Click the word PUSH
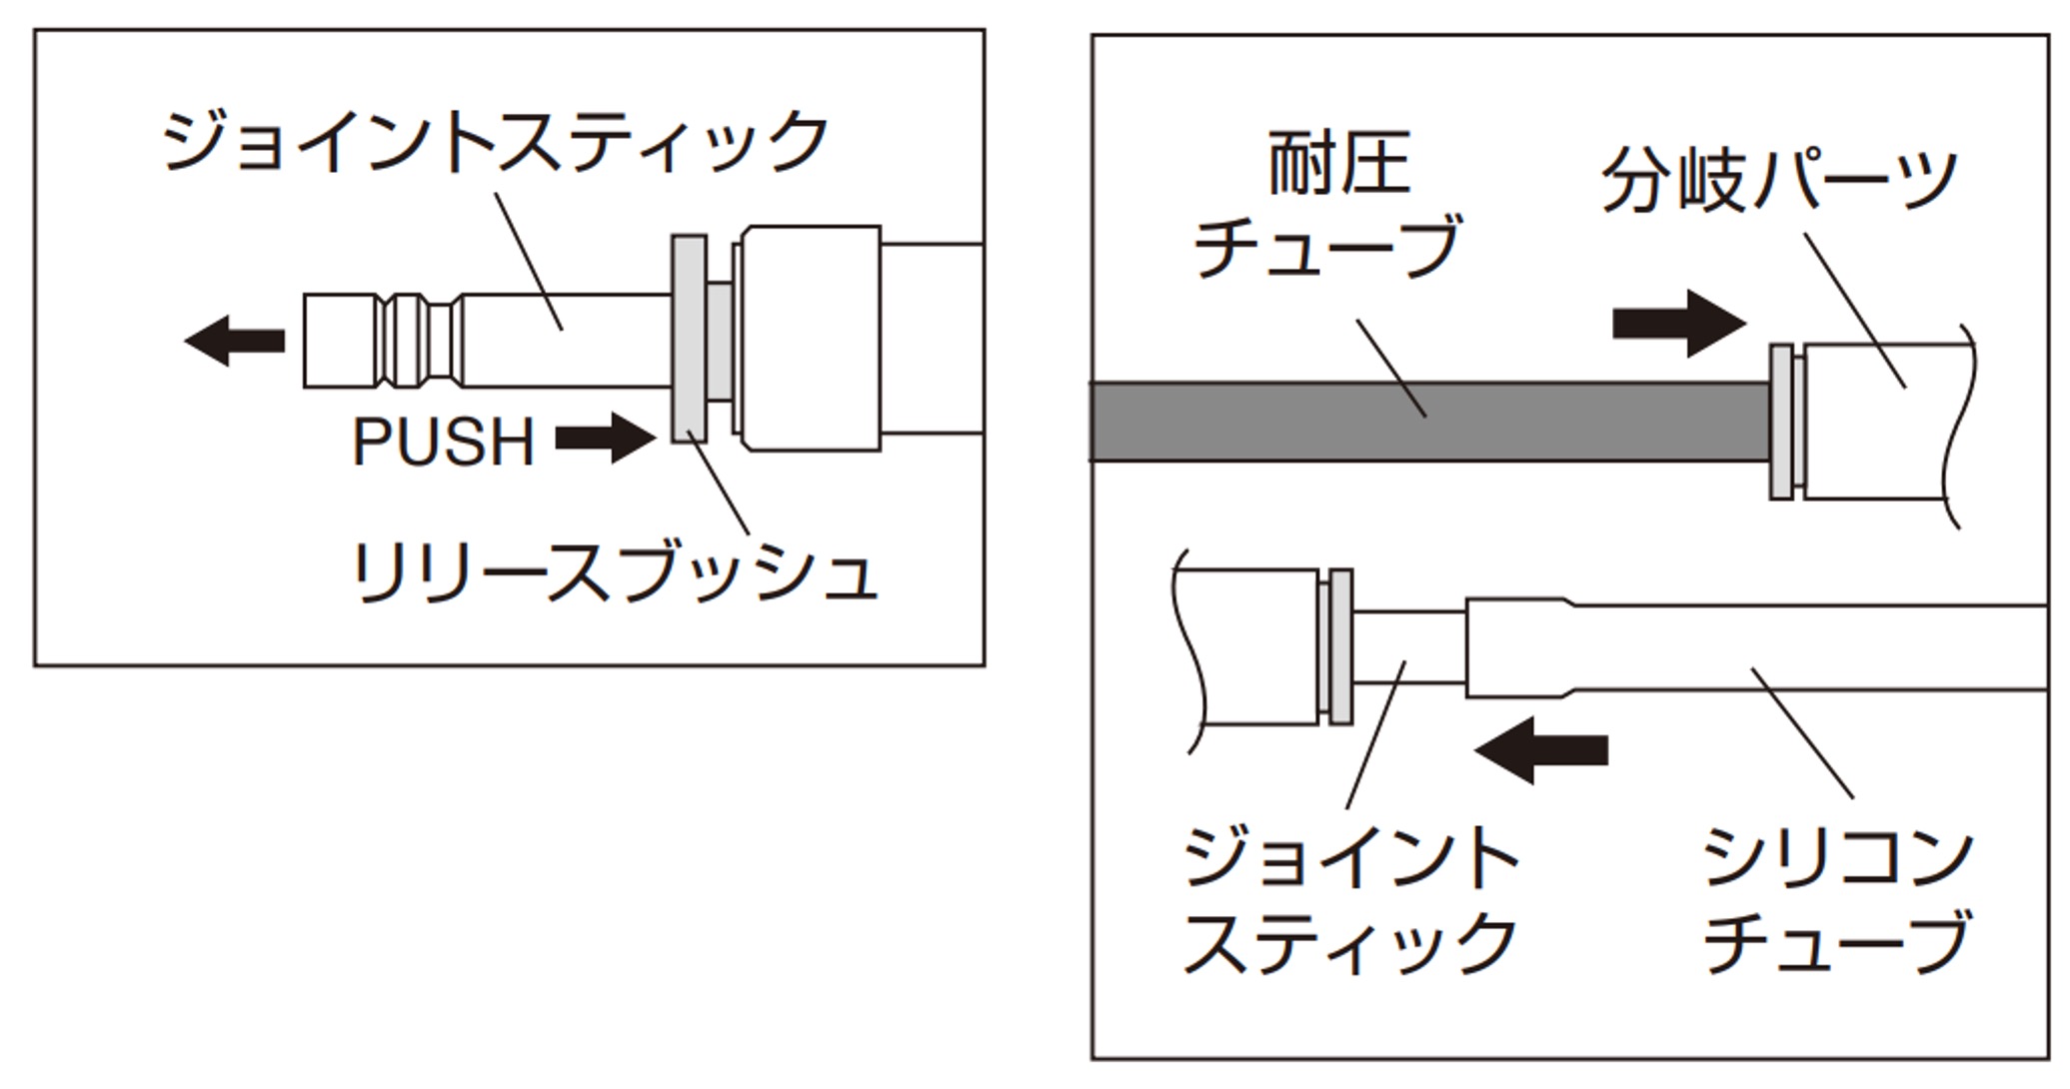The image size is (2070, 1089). (x=444, y=442)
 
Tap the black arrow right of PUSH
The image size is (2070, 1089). (x=605, y=439)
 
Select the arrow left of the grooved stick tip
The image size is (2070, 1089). (x=236, y=341)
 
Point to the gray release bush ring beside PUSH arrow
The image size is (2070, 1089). (x=689, y=339)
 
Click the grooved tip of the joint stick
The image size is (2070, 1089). (x=384, y=341)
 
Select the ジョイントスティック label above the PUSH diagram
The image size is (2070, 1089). (x=495, y=143)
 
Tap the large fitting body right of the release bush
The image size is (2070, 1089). (x=810, y=338)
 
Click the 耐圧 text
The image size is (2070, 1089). (x=1339, y=165)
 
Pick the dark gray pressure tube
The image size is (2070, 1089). (x=1429, y=421)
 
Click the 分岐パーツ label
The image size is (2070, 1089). (x=1779, y=181)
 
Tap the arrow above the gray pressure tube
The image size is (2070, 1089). (x=1679, y=323)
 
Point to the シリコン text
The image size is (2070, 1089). (x=1837, y=857)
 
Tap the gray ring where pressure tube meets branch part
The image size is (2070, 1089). (x=1781, y=422)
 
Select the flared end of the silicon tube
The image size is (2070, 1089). (x=1519, y=646)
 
